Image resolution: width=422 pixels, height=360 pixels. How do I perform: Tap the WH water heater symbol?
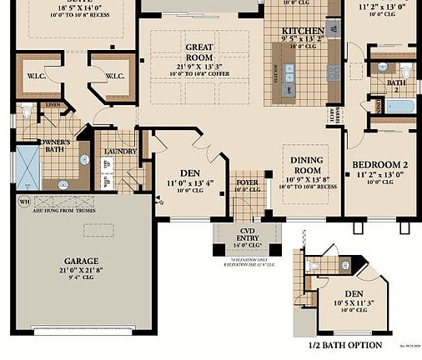(x=23, y=202)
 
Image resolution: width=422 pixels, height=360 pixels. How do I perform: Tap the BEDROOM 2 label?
(x=379, y=165)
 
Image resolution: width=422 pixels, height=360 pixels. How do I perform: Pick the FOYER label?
(x=248, y=182)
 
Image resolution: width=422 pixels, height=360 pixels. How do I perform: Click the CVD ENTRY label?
(x=246, y=233)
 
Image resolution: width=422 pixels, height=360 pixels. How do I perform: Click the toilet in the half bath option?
(x=320, y=265)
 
